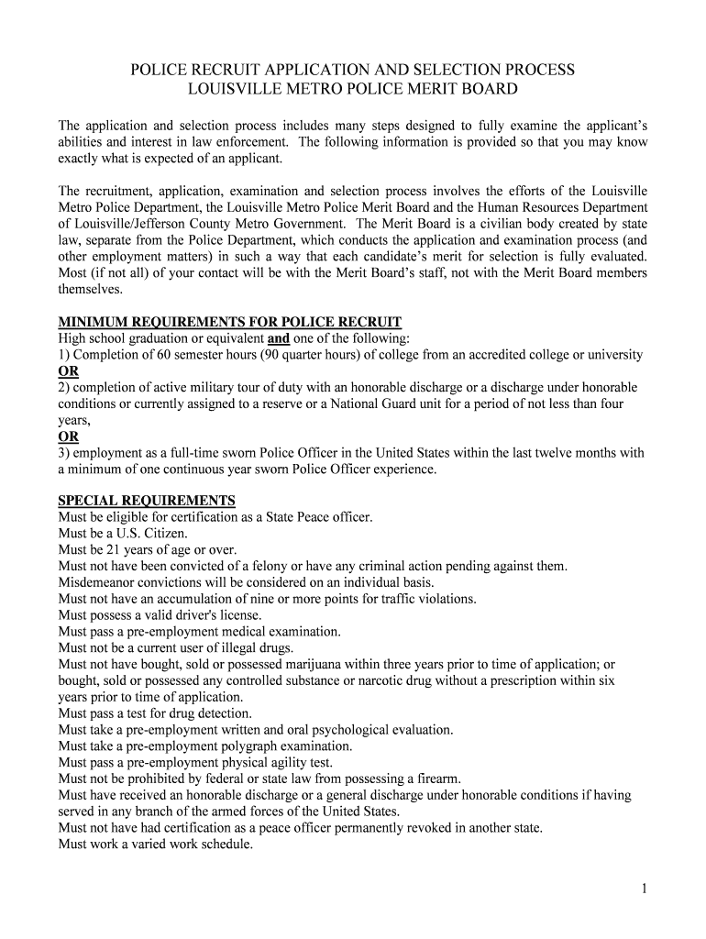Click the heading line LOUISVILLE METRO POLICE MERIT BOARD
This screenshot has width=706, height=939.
pos(353,89)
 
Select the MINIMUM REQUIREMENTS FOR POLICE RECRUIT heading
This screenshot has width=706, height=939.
pos(230,322)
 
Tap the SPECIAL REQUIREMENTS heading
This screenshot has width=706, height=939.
pos(147,501)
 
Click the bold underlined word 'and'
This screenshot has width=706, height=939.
pos(279,338)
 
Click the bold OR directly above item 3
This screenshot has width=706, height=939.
pos(69,436)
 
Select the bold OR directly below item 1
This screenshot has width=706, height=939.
pos(69,371)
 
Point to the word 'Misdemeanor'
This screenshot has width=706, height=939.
pos(99,583)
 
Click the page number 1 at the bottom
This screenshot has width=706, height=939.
pos(645,889)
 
